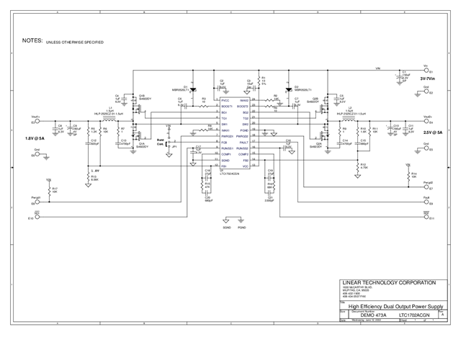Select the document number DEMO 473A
[372, 315]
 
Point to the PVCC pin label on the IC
[205, 101]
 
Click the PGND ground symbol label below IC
[242, 227]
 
